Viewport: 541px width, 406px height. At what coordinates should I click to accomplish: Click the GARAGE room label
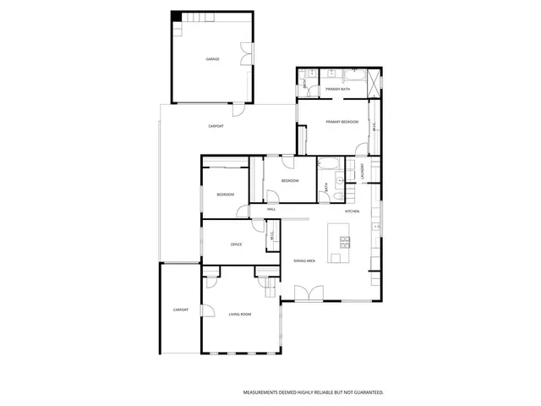pos(212,59)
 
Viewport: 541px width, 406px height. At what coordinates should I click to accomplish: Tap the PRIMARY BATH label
pos(338,89)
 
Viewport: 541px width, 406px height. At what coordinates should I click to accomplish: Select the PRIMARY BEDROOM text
pos(342,123)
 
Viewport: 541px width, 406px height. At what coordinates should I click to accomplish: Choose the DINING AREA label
pos(304,261)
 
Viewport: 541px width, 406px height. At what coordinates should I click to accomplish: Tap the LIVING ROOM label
pos(240,315)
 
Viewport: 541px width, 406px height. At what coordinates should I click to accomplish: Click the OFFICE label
pos(237,244)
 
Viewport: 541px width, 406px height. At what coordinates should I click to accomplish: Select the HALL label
pos(271,209)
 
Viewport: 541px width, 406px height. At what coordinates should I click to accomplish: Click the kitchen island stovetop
pos(345,242)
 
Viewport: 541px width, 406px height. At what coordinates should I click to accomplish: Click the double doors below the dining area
pos(306,294)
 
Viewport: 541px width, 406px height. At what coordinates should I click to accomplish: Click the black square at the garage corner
pos(176,16)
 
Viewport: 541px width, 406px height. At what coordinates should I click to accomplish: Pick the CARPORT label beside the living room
pos(180,310)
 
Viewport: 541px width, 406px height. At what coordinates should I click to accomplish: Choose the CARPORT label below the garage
pos(216,126)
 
